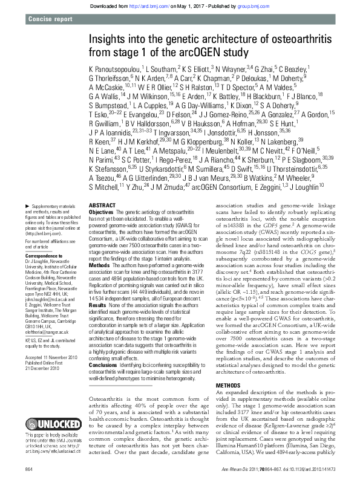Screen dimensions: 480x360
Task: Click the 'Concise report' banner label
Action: click(x=50, y=21)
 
